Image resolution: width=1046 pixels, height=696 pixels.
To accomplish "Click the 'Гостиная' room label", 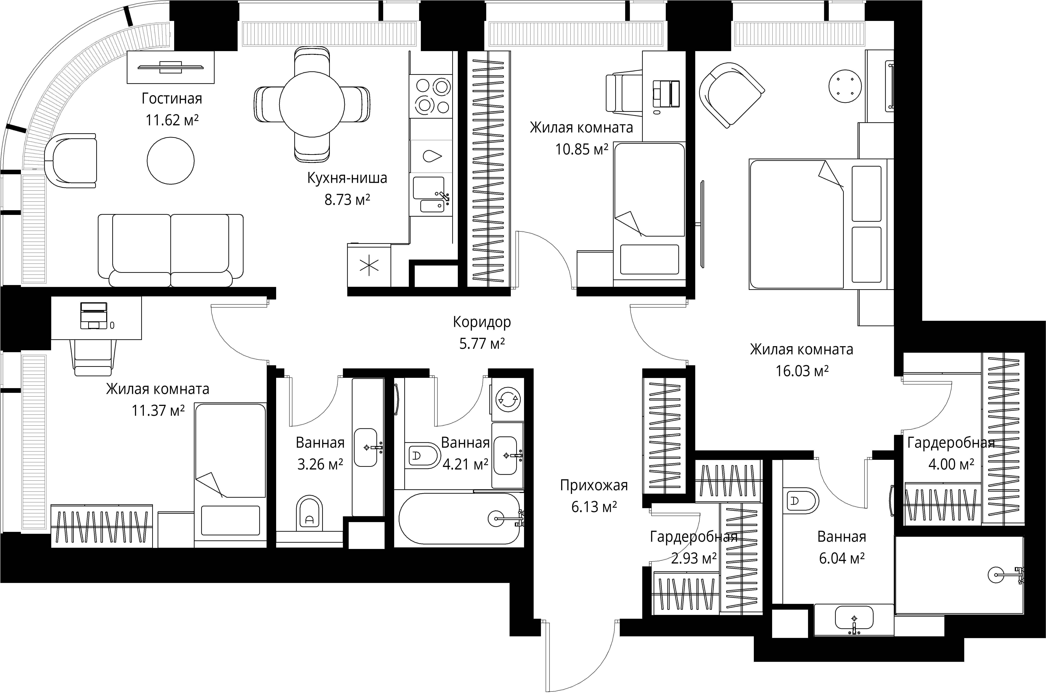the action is pos(172,99).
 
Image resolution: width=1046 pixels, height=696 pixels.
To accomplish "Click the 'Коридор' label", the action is pos(482,322).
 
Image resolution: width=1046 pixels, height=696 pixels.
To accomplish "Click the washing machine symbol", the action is pos(508,399).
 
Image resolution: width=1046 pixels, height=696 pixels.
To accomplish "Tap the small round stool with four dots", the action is pos(846,86).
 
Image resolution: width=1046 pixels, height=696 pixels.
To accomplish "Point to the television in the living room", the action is pos(171,68).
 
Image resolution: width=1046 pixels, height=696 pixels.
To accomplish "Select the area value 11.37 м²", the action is pos(158,411).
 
